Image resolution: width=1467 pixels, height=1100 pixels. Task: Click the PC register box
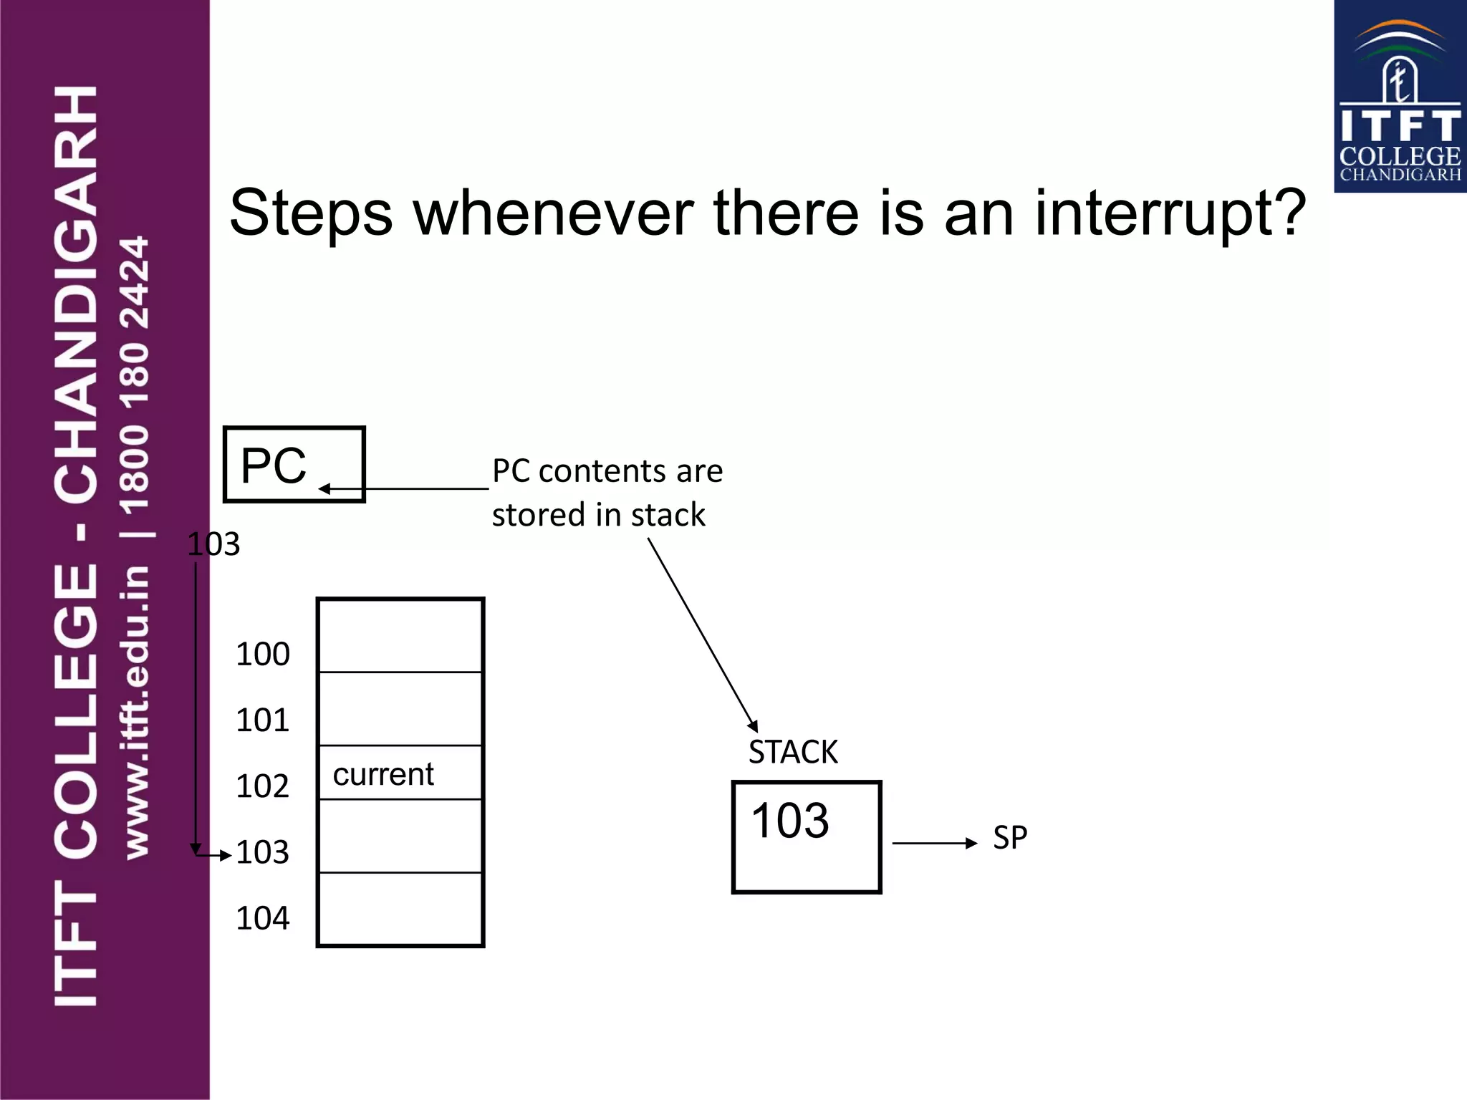click(x=294, y=464)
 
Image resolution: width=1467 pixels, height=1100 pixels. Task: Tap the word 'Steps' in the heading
click(x=311, y=213)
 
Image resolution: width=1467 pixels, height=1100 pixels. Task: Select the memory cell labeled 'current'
click(x=400, y=773)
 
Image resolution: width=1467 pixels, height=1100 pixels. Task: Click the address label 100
click(x=262, y=654)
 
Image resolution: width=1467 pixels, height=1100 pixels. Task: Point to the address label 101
click(x=262, y=720)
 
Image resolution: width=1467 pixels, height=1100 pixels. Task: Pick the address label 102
click(x=262, y=786)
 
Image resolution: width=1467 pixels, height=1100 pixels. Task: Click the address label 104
click(x=262, y=917)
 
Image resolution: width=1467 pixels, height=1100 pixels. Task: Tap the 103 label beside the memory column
click(x=262, y=851)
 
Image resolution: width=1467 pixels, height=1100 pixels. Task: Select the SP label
click(x=1010, y=837)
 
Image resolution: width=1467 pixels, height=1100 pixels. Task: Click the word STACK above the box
click(x=793, y=752)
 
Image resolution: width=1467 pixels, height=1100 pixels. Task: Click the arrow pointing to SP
click(x=934, y=843)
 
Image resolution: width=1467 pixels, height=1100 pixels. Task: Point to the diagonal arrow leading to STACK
click(x=702, y=634)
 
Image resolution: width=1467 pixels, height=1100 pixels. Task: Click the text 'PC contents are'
click(x=607, y=471)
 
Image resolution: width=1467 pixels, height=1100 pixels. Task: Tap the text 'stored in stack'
click(x=599, y=515)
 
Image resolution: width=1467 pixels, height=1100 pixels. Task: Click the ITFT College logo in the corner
click(x=1400, y=97)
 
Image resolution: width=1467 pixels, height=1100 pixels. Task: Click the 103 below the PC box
click(x=213, y=544)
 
